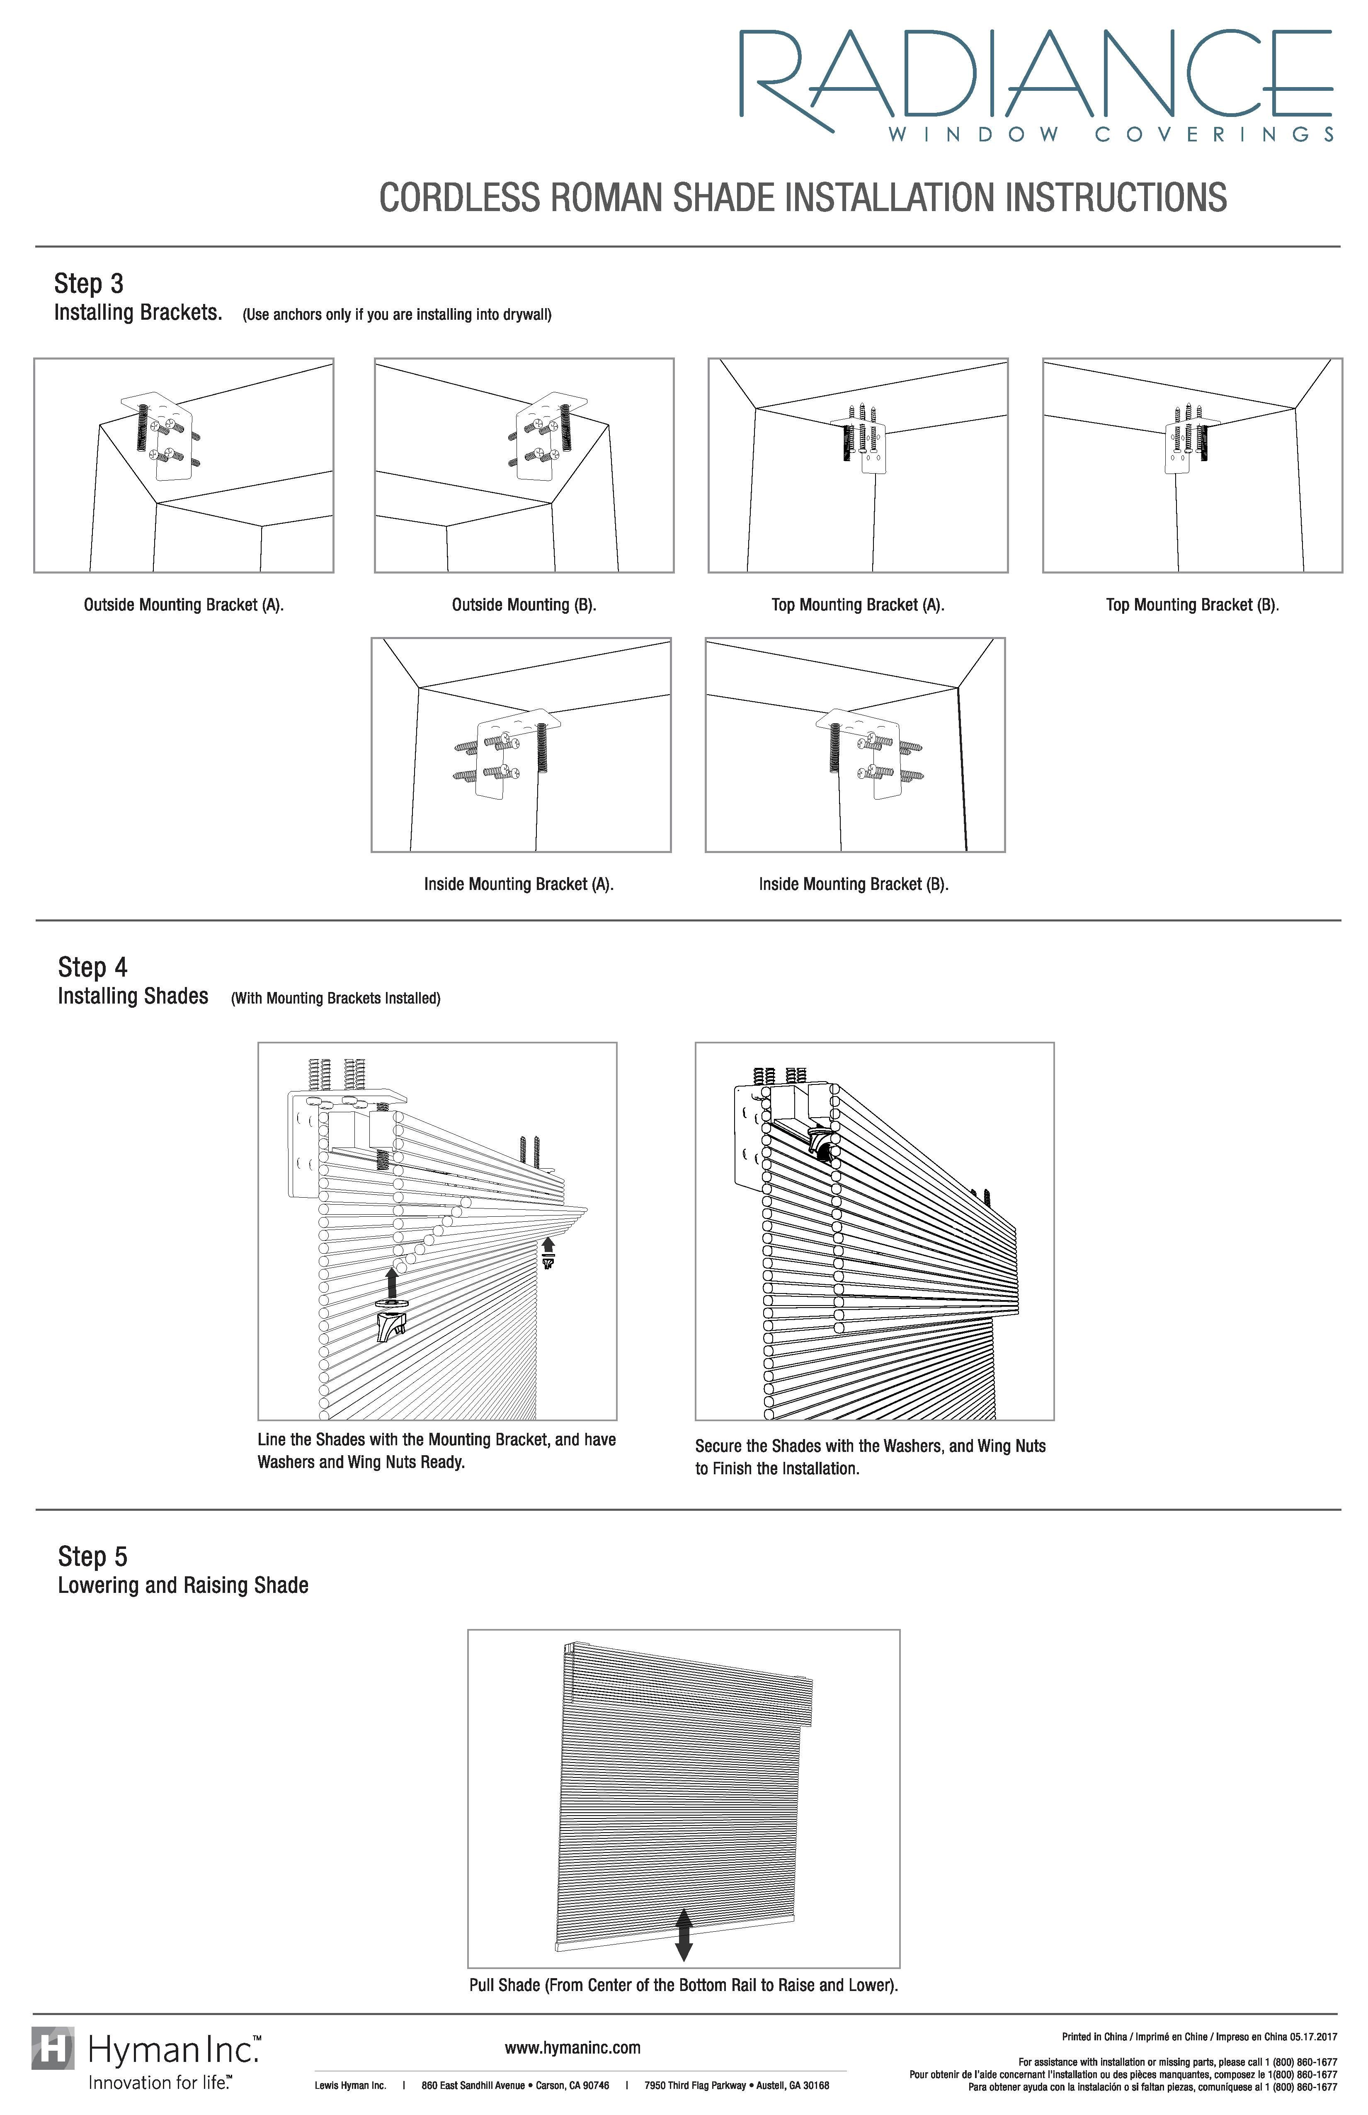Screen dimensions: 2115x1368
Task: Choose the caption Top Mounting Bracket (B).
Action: pos(1192,605)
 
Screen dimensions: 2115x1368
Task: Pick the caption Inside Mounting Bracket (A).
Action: pos(519,884)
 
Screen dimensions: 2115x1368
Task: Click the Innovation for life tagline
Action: pos(160,2082)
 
